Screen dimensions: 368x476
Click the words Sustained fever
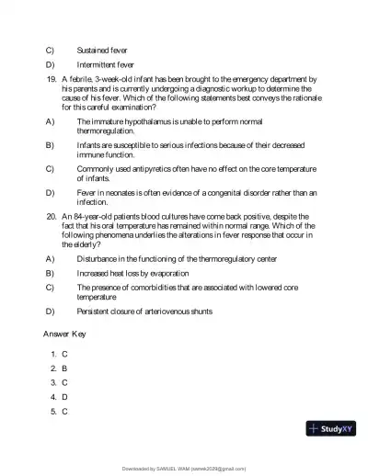pyautogui.click(x=102, y=49)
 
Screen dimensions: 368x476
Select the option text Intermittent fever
pyautogui.click(x=106, y=65)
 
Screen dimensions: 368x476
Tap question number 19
pyautogui.click(x=52, y=81)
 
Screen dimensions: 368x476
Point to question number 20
pyautogui.click(x=52, y=216)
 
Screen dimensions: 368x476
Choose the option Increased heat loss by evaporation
pyautogui.click(x=133, y=273)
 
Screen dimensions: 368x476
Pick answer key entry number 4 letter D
pyautogui.click(x=64, y=397)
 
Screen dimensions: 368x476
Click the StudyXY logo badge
pyautogui.click(x=331, y=428)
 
